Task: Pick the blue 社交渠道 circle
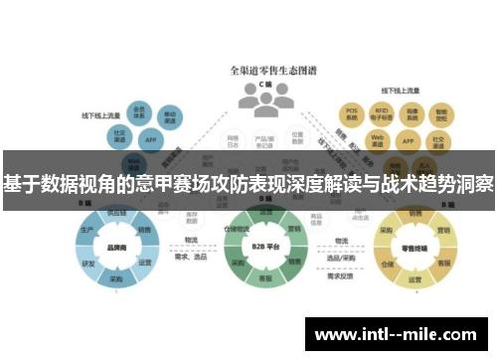click(121, 134)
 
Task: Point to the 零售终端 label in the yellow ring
click(413, 248)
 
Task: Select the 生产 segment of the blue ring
click(86, 229)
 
